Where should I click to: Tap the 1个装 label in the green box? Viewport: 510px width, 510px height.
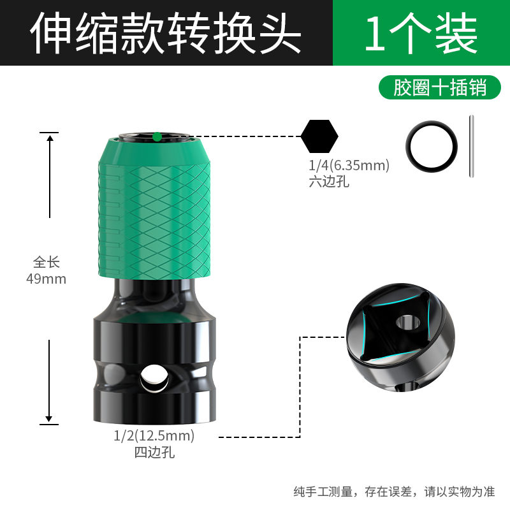click(421, 33)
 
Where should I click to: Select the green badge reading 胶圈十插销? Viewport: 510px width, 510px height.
click(440, 87)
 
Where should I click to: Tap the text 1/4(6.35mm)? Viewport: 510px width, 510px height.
click(348, 166)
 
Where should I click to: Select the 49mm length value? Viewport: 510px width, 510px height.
click(46, 279)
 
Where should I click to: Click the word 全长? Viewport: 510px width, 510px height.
click(46, 262)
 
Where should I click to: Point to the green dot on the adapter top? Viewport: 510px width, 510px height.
click(156, 136)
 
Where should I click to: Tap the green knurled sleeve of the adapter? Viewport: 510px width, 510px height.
click(156, 210)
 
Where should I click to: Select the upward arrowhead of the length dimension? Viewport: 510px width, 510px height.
click(49, 139)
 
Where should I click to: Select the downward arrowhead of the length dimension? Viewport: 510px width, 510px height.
click(49, 417)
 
